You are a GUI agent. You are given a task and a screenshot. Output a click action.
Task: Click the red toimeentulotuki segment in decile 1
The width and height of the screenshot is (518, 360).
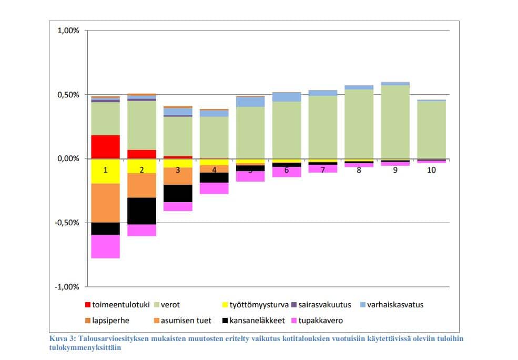105,147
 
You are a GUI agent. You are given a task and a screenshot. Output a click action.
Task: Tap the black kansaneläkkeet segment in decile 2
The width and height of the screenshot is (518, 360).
141,211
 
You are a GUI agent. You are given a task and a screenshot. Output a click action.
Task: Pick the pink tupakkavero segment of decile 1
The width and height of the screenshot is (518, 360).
105,246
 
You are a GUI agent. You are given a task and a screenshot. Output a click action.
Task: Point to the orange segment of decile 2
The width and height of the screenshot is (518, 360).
141,185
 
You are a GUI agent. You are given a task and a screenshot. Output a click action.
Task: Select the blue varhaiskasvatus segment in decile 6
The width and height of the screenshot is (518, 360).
287,97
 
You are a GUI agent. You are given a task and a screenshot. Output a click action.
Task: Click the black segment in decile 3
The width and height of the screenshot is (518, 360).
178,193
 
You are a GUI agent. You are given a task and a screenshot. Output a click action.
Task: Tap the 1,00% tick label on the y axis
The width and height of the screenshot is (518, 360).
68,31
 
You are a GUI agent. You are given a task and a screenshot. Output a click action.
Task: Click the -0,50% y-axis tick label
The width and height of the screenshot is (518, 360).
67,223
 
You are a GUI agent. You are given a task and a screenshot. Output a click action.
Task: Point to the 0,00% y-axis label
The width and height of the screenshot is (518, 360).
68,159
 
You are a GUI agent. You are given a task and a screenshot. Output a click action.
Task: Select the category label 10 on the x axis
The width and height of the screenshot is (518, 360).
431,170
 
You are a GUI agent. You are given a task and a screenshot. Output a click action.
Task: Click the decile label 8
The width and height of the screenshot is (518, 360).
359,170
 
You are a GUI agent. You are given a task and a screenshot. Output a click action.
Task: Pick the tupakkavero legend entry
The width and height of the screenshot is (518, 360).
321,320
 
